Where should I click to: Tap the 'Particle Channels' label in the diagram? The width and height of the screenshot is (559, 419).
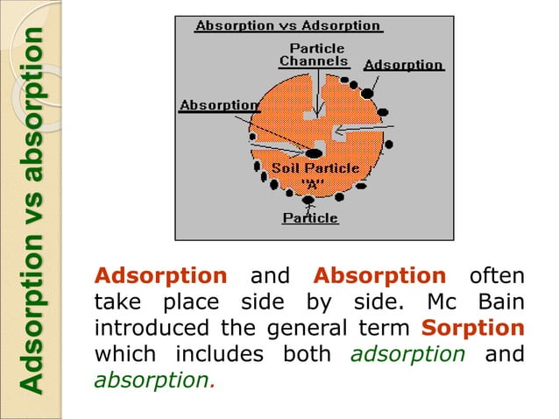314,54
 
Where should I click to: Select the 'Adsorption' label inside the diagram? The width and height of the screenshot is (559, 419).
404,66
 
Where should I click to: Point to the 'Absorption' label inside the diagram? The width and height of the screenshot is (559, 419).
219,105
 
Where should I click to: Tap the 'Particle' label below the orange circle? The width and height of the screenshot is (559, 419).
310,218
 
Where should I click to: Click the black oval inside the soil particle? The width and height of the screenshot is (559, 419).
313,153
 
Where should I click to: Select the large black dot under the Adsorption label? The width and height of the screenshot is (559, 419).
368,92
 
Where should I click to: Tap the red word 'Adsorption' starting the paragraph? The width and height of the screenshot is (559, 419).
160,276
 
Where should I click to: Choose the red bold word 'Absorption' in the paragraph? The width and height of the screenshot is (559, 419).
379,276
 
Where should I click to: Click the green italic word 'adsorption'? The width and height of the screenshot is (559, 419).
394,355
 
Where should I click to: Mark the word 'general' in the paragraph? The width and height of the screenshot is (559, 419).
330,329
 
